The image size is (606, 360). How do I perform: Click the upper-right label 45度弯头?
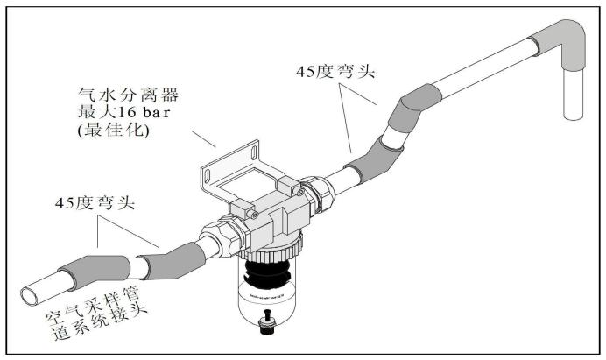pos(335,72)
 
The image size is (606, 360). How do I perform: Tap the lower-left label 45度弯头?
pos(95,202)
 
